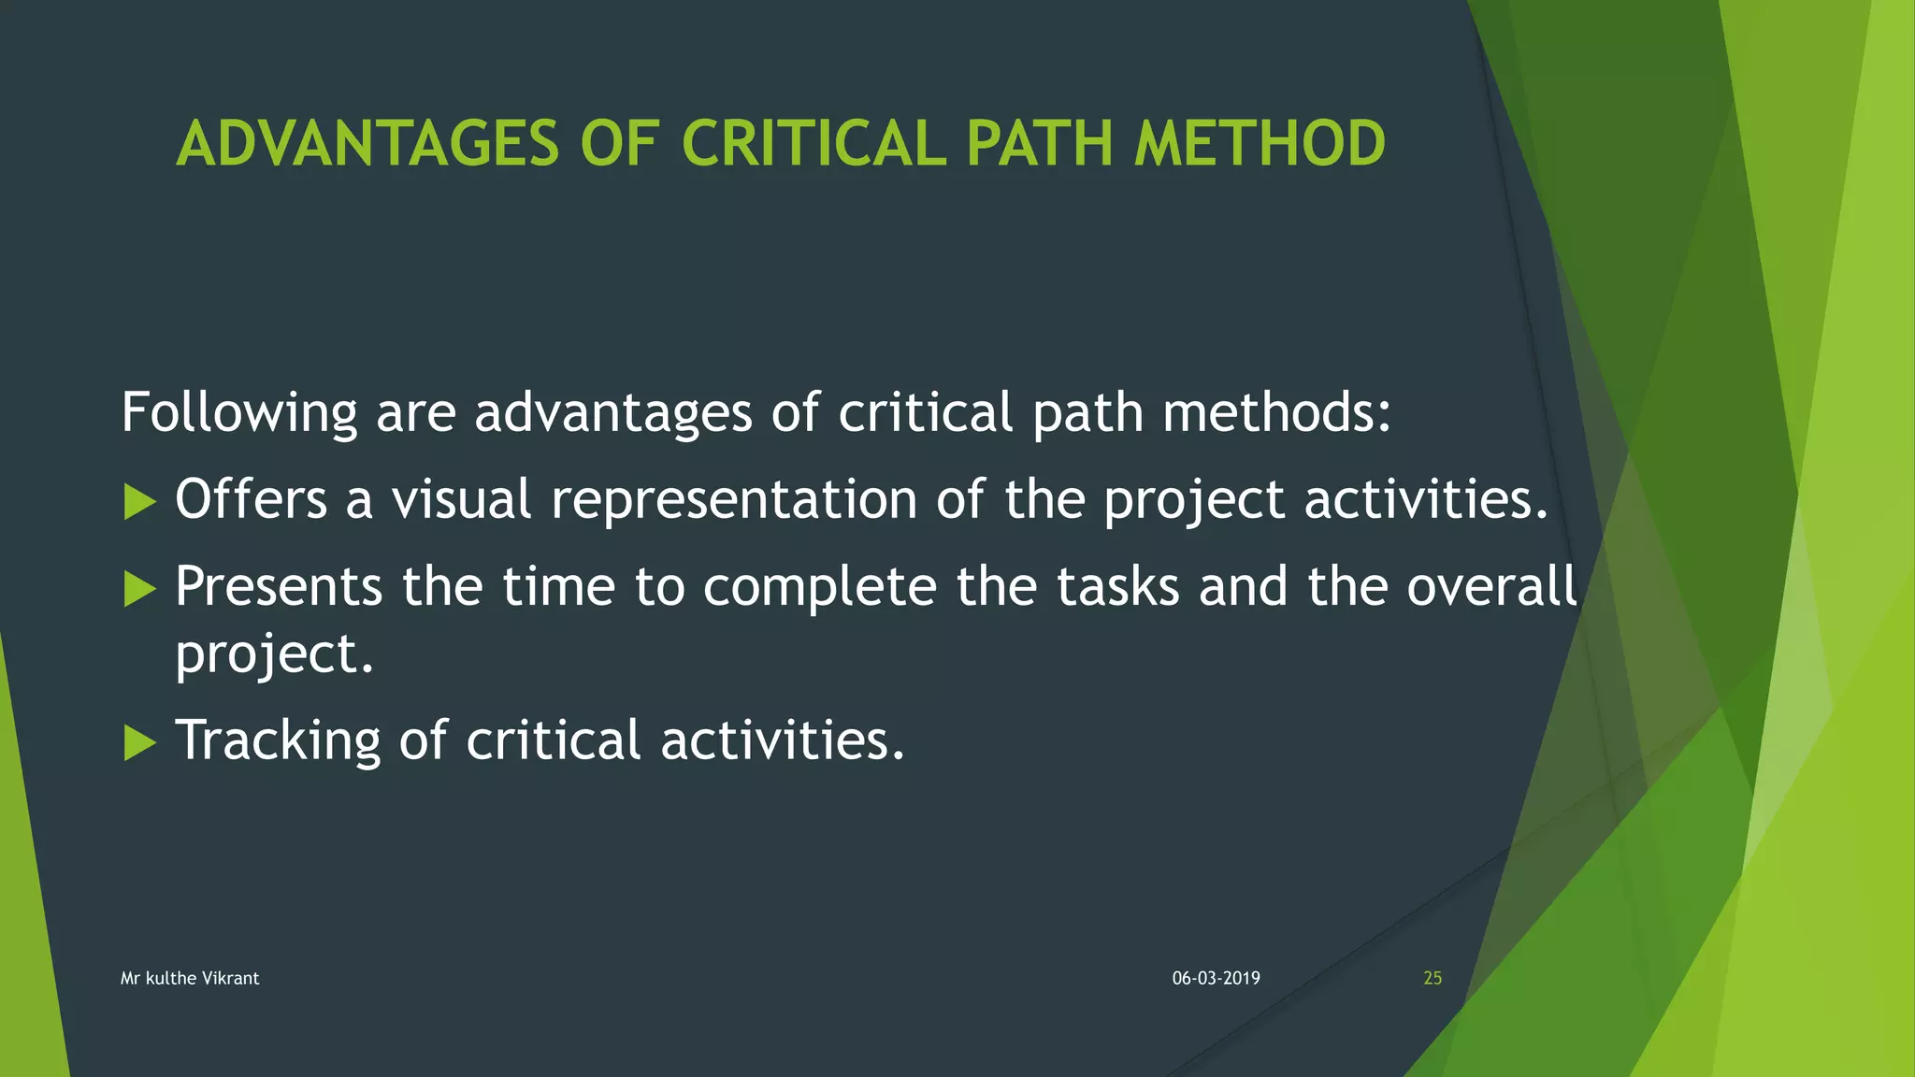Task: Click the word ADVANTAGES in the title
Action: click(367, 145)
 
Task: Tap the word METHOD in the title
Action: click(1260, 145)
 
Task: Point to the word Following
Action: click(239, 412)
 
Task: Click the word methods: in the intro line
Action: click(1277, 412)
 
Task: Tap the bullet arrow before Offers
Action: click(139, 502)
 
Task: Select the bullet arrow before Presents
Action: click(139, 589)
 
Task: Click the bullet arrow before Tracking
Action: click(139, 743)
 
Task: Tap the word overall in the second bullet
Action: click(1491, 586)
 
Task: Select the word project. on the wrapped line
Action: click(274, 654)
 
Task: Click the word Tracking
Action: click(278, 740)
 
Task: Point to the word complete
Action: click(819, 588)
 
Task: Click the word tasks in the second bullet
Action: click(1117, 586)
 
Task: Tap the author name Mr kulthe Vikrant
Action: click(190, 978)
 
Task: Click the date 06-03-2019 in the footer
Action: click(1216, 978)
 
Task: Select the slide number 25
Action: click(1432, 978)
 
